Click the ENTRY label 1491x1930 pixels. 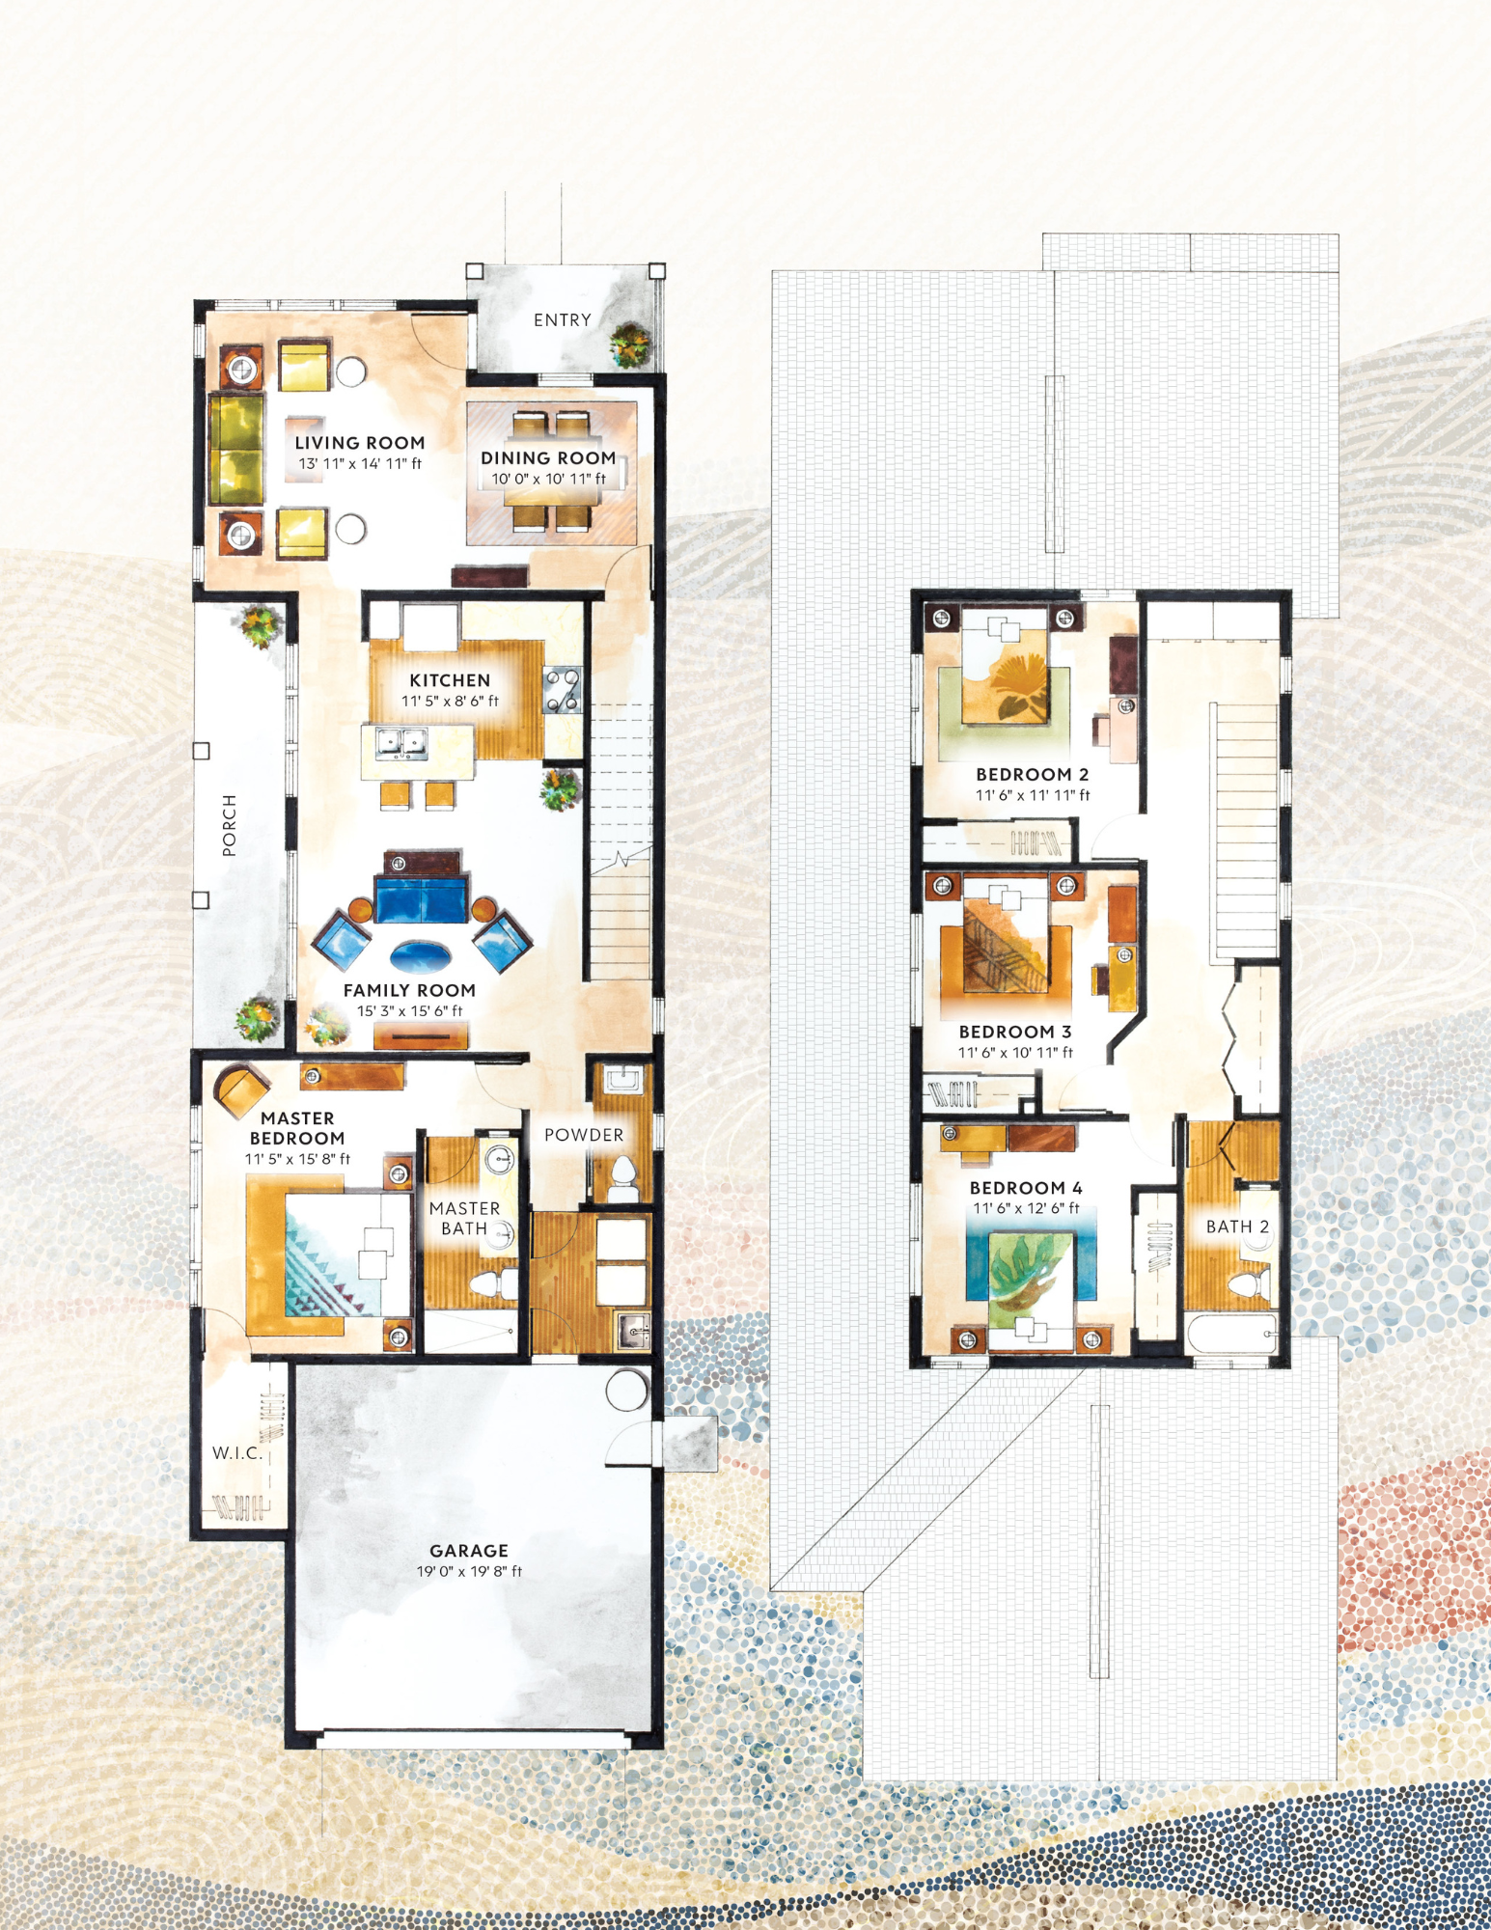coord(562,320)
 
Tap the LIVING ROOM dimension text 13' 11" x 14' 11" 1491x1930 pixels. coord(360,464)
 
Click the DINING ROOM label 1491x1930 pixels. coord(548,458)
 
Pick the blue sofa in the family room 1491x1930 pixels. coord(422,898)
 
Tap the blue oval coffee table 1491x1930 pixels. coord(420,956)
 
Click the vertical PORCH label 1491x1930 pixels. coord(229,825)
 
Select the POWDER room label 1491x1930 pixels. coord(584,1136)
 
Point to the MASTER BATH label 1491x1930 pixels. coord(464,1219)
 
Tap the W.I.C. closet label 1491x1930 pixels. coord(237,1453)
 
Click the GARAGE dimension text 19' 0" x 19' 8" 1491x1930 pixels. coord(469,1572)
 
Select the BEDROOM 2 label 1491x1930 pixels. coord(1032,775)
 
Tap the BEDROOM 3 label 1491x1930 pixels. coord(1015,1033)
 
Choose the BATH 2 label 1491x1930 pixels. coord(1237,1227)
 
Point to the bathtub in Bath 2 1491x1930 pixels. coord(1231,1337)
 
